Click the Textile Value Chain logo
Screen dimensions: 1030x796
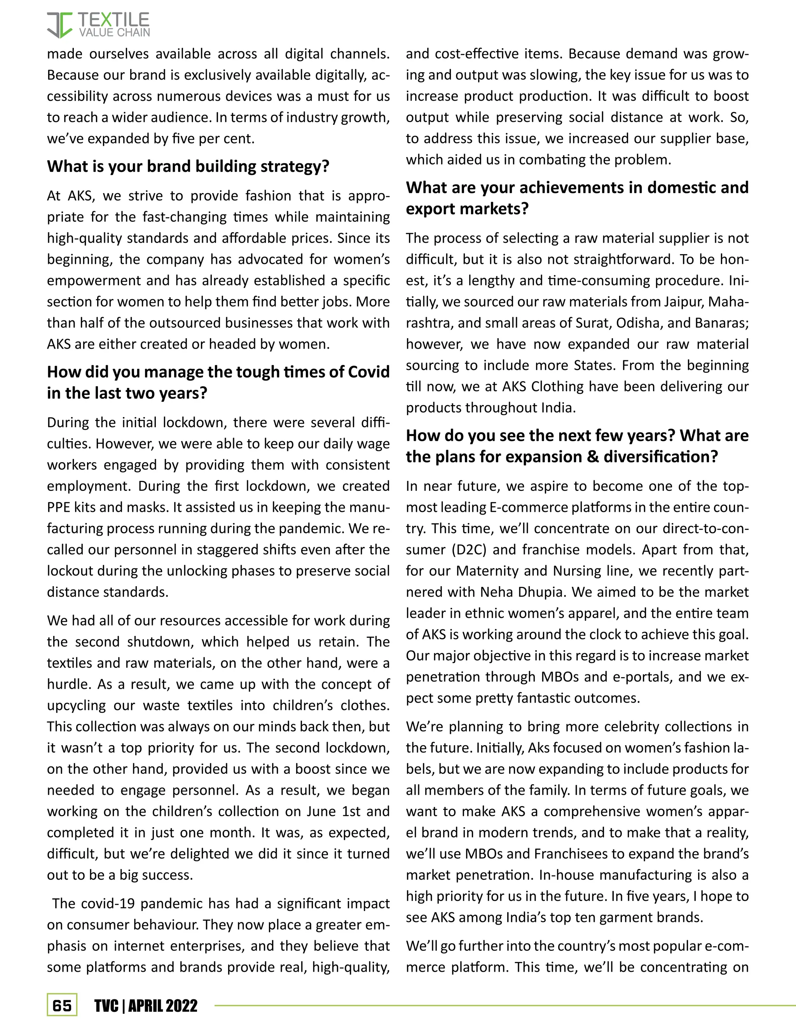click(x=98, y=25)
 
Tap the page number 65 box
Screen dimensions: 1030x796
click(x=62, y=1006)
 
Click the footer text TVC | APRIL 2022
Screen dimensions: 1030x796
click(x=146, y=1006)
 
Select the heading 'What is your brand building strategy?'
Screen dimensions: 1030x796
click(x=188, y=166)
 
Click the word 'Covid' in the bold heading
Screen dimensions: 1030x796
click(x=368, y=372)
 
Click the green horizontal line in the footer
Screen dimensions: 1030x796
click(x=504, y=1006)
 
